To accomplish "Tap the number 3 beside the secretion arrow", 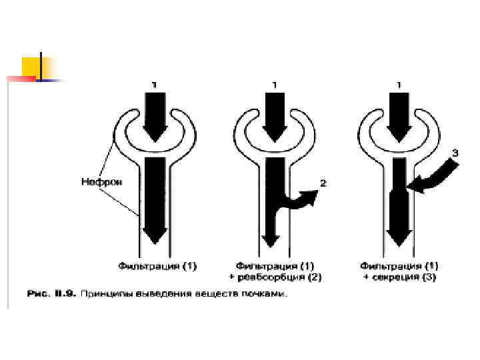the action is point(454,153).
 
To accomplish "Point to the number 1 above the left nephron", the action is point(154,85).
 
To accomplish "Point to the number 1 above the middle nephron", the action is point(275,85).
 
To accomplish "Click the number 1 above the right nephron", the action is point(399,85).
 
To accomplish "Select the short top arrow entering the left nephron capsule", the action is point(154,115).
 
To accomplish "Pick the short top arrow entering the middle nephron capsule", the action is point(275,115).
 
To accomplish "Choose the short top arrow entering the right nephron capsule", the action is point(399,115).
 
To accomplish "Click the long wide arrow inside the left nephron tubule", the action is point(154,197).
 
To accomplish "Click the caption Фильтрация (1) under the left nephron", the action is point(158,266).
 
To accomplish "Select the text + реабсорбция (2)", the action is point(275,277).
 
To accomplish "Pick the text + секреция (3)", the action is point(399,277).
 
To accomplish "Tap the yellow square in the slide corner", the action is point(31,67).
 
